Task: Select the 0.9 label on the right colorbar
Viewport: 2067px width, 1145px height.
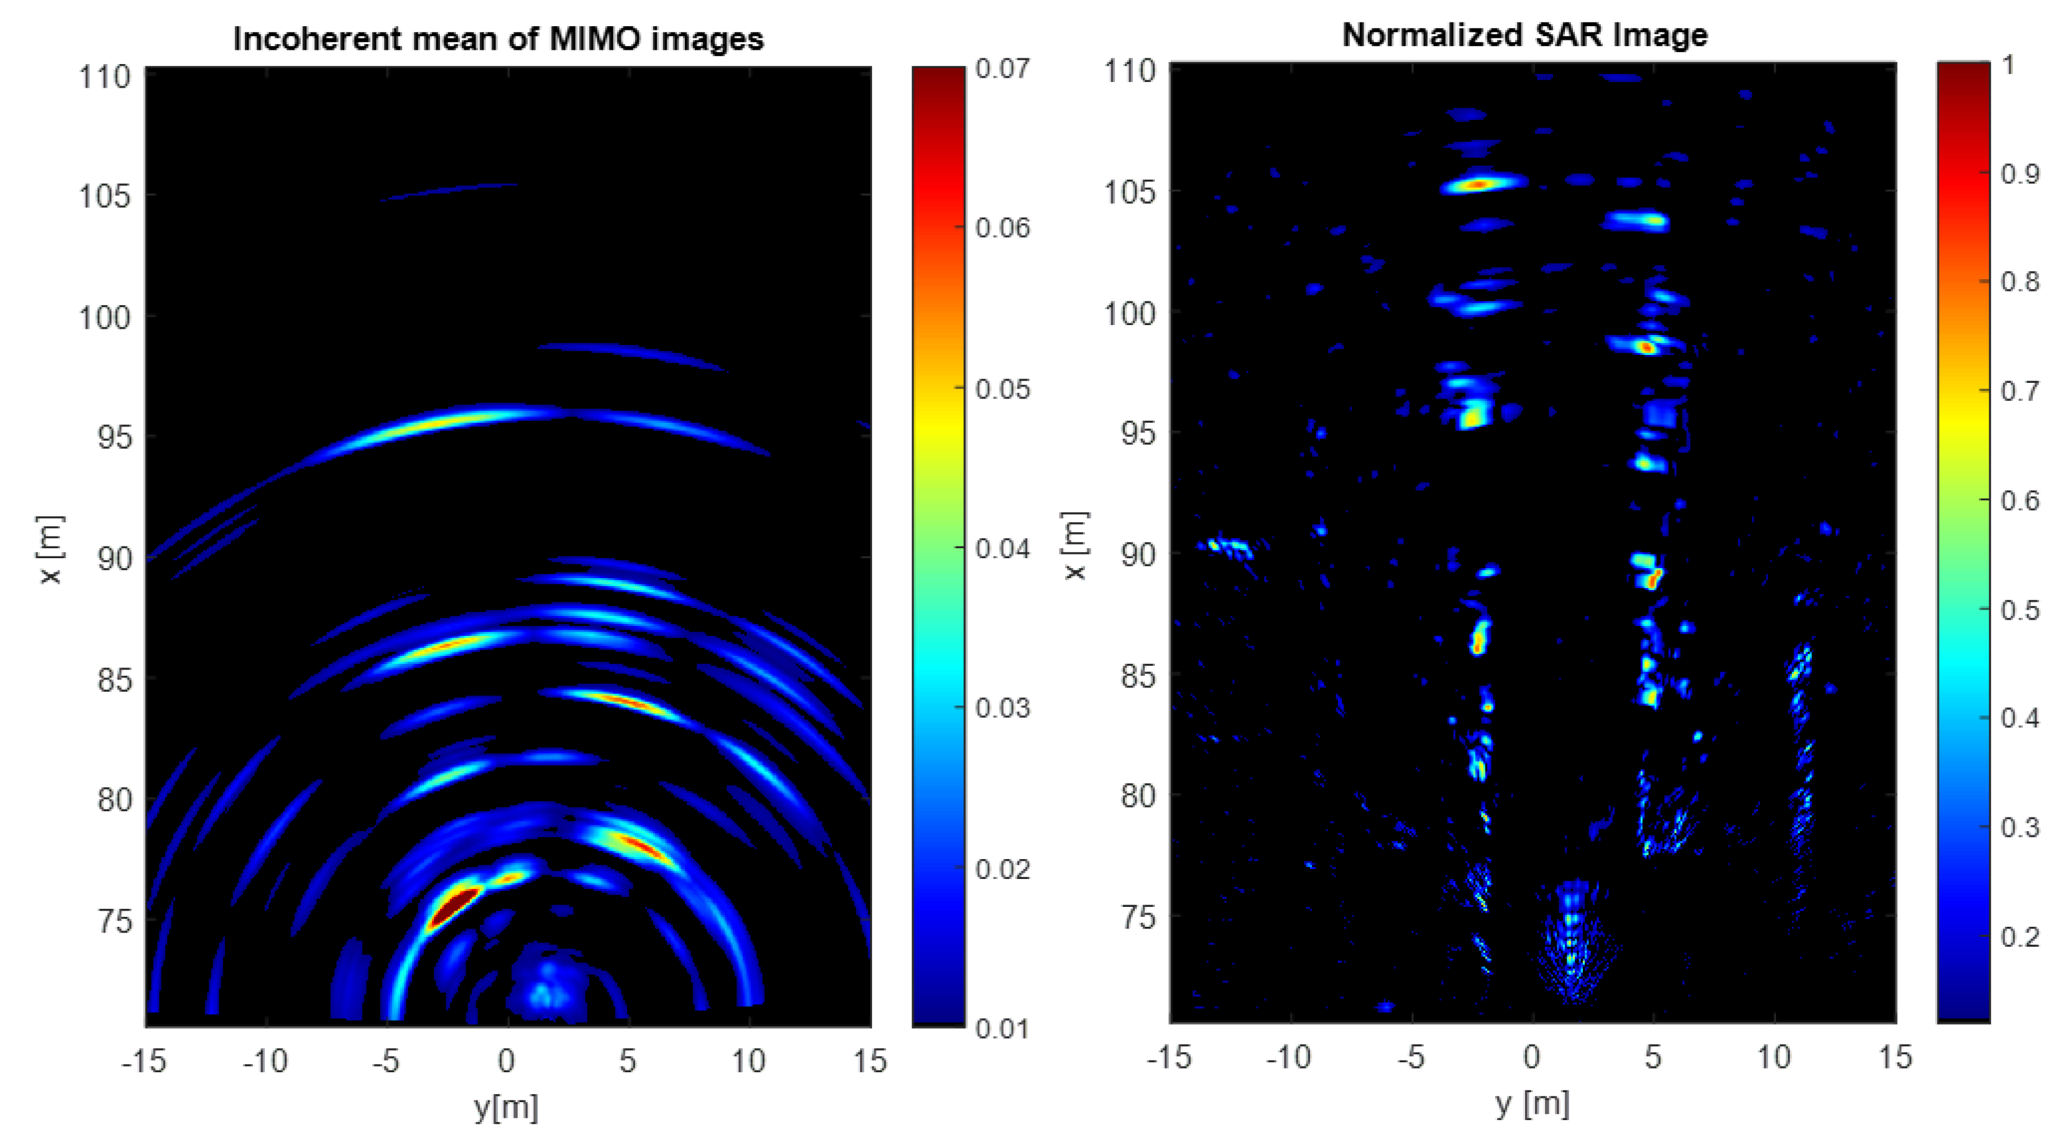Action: click(2020, 173)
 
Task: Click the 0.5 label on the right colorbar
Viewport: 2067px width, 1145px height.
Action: click(2020, 610)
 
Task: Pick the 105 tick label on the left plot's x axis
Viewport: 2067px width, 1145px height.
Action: click(104, 196)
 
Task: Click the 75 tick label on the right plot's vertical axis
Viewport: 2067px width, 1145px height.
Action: click(1138, 916)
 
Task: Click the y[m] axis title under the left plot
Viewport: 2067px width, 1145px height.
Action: click(506, 1107)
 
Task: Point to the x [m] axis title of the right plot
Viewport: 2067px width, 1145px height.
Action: click(1075, 546)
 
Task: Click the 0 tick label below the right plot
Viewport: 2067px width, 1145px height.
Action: click(1532, 1057)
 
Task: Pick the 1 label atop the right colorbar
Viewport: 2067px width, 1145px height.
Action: click(2009, 64)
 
